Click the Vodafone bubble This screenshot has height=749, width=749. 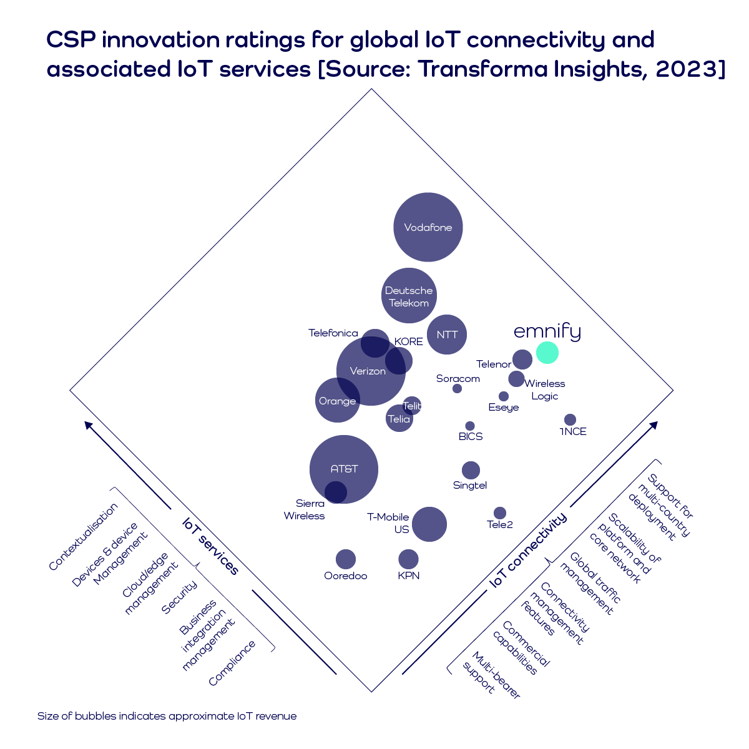[428, 227]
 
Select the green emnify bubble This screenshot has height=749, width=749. [547, 353]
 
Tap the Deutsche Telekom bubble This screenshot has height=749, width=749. [409, 296]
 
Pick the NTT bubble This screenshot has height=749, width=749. [447, 335]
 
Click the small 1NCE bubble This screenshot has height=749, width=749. [570, 420]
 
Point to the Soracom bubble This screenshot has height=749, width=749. [457, 388]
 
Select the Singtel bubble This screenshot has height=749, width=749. [471, 470]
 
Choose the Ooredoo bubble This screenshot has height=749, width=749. [345, 559]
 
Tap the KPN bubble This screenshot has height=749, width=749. [408, 559]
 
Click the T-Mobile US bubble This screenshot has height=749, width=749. [429, 524]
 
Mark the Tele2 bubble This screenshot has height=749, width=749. [500, 513]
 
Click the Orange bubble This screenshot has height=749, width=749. [337, 400]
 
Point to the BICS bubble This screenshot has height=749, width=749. [470, 426]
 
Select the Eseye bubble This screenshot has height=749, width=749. [504, 396]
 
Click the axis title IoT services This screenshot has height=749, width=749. [210, 546]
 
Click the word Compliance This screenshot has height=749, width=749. [232, 663]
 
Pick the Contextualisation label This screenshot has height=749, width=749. [83, 537]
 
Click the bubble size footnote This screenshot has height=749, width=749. [167, 716]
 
